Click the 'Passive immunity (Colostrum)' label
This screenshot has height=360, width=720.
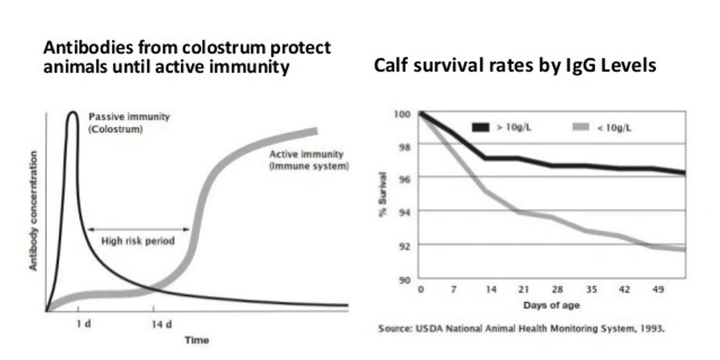129,123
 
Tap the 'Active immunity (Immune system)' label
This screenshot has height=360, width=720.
309,160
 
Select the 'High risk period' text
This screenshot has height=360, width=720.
138,241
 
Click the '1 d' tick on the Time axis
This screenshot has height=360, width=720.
84,324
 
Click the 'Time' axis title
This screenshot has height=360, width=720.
196,340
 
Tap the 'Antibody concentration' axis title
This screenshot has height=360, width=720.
34,211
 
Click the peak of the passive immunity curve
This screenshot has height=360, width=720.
73,112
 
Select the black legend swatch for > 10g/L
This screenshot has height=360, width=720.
481,127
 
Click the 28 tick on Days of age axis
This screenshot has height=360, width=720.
557,290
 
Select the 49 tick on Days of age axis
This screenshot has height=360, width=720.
657,290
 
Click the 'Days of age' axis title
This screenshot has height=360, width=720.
551,305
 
